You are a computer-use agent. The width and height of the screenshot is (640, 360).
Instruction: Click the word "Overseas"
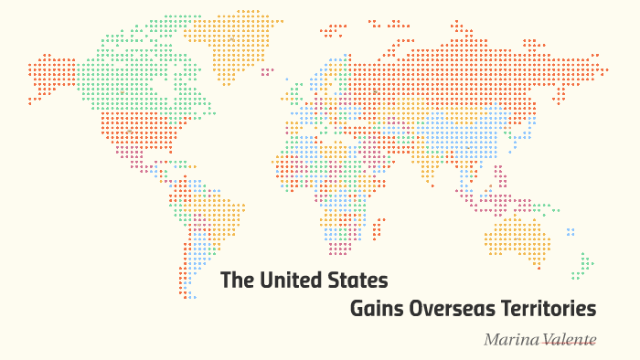[x=452, y=309]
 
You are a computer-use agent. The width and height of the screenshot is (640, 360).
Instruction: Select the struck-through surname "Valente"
[x=570, y=340]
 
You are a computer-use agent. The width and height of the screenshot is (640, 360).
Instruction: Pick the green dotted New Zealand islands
[x=581, y=266]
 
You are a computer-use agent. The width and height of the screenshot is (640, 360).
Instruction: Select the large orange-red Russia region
[x=475, y=69]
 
